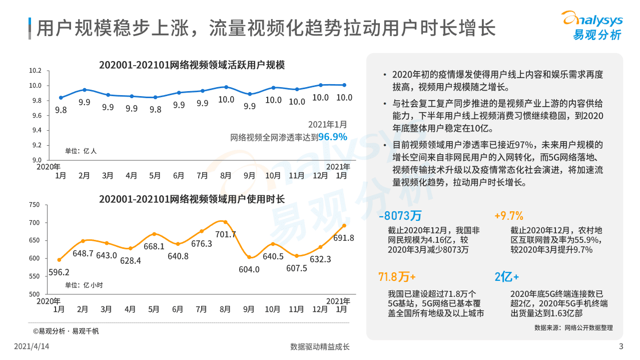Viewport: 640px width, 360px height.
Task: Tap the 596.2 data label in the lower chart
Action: click(x=59, y=272)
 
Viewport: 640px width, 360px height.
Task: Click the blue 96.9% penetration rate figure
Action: click(x=332, y=137)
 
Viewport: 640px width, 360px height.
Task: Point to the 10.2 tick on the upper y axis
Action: click(x=35, y=71)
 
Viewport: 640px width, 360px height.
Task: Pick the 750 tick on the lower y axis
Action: click(x=34, y=204)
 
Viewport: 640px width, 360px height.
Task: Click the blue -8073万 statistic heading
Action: click(x=400, y=216)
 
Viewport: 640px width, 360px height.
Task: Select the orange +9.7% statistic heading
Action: click(x=508, y=216)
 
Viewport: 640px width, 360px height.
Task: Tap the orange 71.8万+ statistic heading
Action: click(x=397, y=277)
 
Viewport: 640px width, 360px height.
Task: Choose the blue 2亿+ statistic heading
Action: click(x=506, y=277)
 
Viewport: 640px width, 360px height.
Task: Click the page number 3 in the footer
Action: click(x=621, y=346)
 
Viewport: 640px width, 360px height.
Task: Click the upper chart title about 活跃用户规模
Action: click(x=192, y=65)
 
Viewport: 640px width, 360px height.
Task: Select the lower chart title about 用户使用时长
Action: click(x=192, y=199)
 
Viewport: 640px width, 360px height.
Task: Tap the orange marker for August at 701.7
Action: click(x=225, y=222)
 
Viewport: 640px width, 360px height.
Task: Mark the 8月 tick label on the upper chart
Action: click(x=226, y=176)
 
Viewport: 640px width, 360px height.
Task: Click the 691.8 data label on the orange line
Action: click(x=343, y=238)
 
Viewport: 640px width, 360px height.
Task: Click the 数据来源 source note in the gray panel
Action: click(x=573, y=328)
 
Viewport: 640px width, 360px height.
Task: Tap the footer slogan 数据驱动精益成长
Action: click(x=320, y=346)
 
